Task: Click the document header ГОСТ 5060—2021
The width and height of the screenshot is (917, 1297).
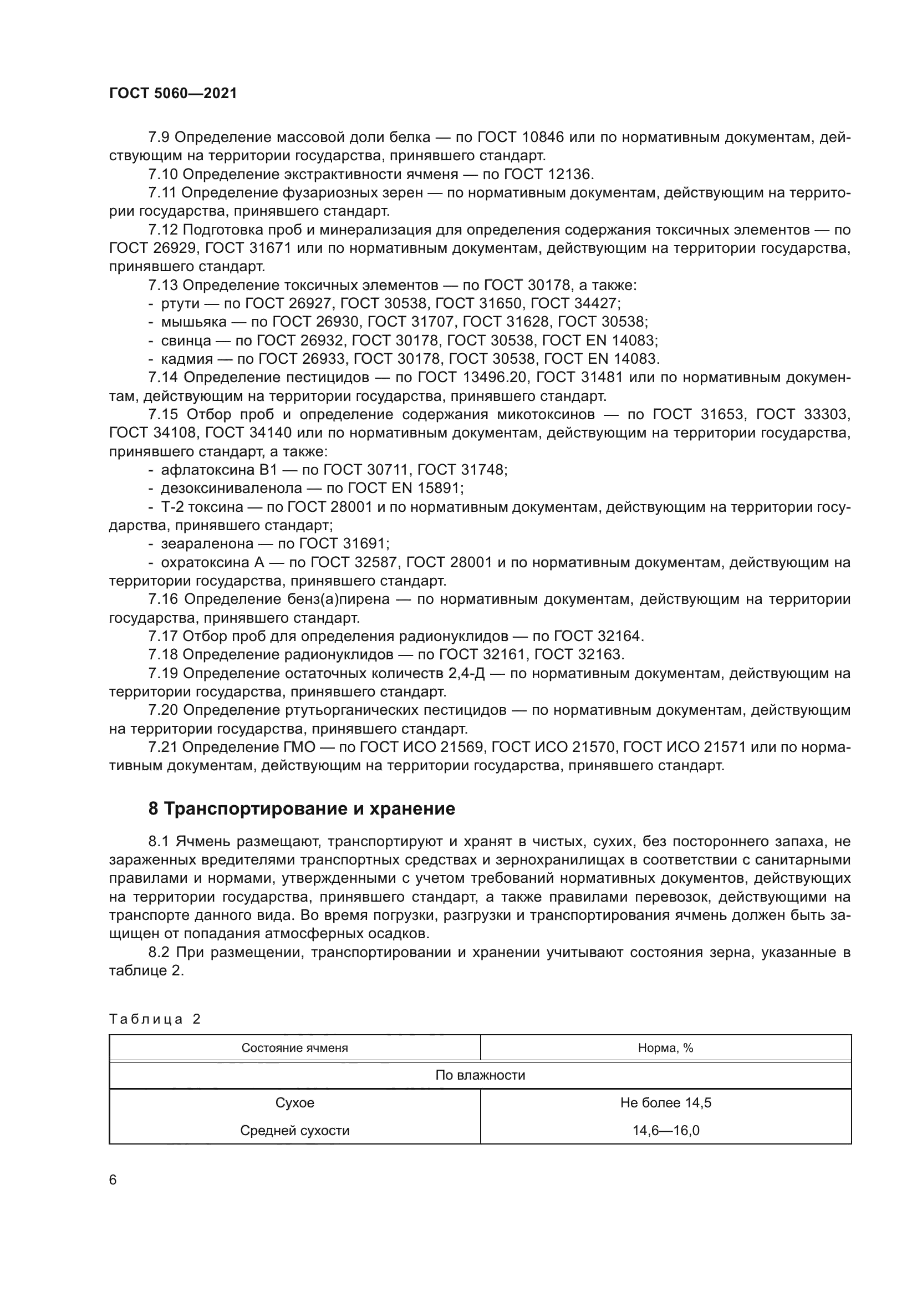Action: point(173,94)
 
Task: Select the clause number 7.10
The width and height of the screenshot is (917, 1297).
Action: point(163,175)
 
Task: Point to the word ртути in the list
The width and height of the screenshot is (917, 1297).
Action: point(180,304)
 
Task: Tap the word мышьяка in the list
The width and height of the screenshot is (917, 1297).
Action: point(193,323)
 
